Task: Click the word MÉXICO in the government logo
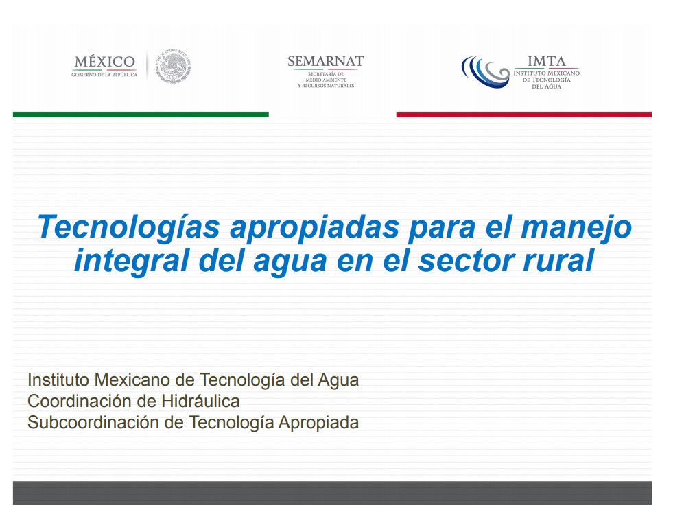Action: point(105,62)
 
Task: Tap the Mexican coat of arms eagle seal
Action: point(173,66)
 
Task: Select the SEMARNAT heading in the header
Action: point(326,61)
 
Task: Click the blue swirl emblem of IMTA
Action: point(485,71)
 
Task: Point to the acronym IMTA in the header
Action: point(547,61)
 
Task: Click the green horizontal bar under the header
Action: point(141,115)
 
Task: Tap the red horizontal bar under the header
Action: point(524,115)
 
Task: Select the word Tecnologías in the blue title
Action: point(129,227)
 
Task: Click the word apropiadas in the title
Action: point(314,227)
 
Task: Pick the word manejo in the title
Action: point(576,227)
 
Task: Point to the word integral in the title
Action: point(132,261)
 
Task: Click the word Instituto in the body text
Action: point(58,380)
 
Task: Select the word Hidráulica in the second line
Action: point(200,401)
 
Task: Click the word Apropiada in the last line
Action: point(318,423)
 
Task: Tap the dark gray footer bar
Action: point(333,493)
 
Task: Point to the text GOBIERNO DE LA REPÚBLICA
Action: point(104,75)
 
